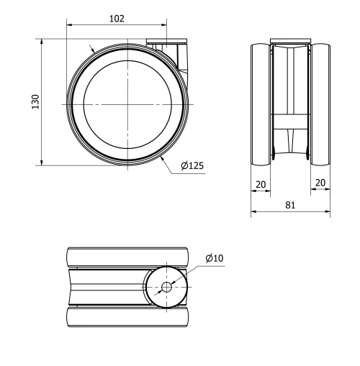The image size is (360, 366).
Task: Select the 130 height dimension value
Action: tap(35, 102)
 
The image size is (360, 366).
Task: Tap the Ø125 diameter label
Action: tap(192, 165)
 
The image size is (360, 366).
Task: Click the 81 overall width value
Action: tap(290, 205)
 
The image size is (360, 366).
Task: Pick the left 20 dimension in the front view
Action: tap(261, 184)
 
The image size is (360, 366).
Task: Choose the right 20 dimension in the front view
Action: tap(320, 184)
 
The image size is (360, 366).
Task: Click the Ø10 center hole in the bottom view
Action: tap(166, 287)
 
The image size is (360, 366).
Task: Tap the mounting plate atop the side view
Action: tap(168, 42)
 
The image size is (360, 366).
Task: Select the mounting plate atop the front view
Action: tap(291, 41)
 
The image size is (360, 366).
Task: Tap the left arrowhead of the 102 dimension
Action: tap(68, 24)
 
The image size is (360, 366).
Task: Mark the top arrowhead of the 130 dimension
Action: tap(43, 42)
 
